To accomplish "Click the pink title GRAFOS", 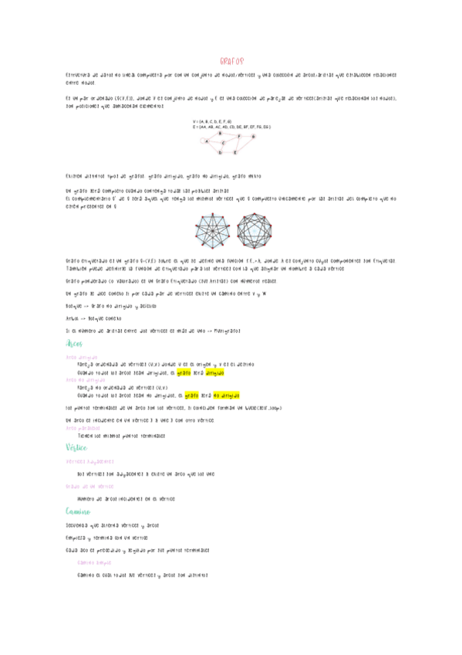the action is point(231,60).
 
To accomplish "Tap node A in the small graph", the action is point(206,141).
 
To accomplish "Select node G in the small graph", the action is point(253,136).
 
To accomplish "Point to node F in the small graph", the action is point(238,136).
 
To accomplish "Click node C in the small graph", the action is point(223,143).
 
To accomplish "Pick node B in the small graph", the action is point(220,133).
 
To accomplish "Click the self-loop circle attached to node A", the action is point(202,141).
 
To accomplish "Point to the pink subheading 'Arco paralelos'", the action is point(83,427).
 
